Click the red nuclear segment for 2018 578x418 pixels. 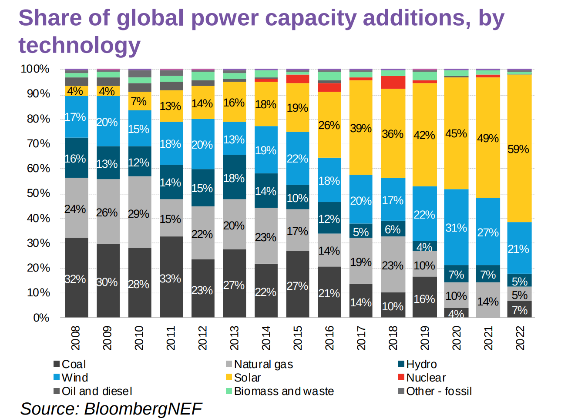point(393,82)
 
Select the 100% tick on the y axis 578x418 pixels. point(35,69)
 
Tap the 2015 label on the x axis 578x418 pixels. point(298,338)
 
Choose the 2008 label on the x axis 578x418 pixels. point(76,338)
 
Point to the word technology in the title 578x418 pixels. point(80,45)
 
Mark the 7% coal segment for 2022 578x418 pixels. point(519,309)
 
